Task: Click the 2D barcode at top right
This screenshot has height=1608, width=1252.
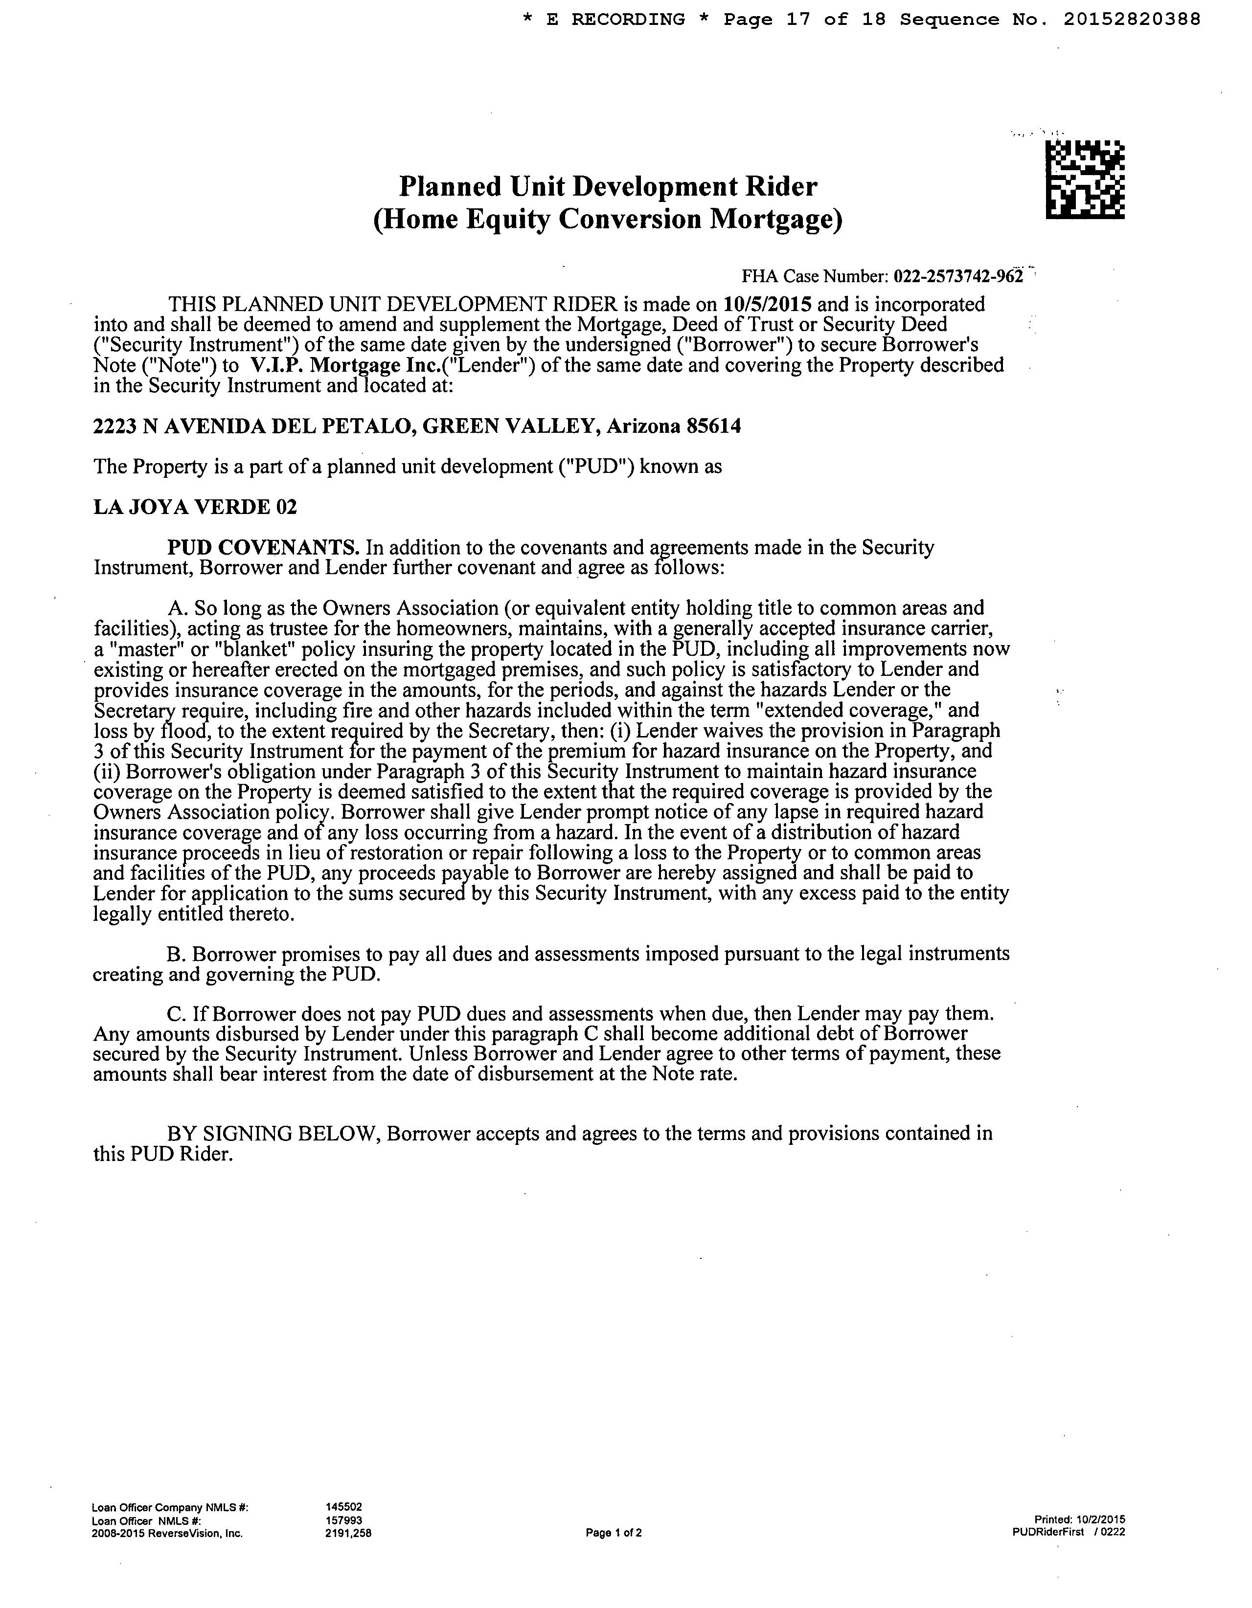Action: (x=1085, y=179)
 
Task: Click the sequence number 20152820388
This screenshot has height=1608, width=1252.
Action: (x=1132, y=20)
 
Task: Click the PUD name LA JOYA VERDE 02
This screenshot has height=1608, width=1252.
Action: (x=195, y=507)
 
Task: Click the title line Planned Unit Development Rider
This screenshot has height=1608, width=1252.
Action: (x=608, y=186)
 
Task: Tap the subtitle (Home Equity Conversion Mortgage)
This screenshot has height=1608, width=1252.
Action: (x=608, y=220)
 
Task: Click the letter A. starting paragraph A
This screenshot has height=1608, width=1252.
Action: (x=178, y=608)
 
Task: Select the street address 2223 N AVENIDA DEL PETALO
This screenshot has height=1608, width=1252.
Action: (x=251, y=426)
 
